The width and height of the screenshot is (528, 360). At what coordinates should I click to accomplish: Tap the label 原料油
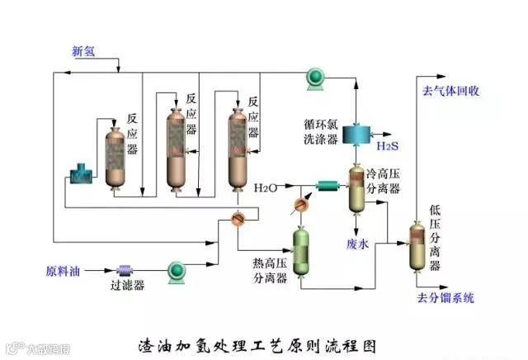click(x=61, y=270)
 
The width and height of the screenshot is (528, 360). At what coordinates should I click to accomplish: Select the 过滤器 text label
click(x=128, y=286)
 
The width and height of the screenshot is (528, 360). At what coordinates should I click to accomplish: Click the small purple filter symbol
click(x=126, y=269)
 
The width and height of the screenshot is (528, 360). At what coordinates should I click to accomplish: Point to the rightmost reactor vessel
click(x=239, y=149)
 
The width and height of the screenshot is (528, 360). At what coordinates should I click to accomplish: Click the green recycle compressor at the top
click(x=315, y=77)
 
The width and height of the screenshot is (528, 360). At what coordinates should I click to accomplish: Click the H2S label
click(x=388, y=146)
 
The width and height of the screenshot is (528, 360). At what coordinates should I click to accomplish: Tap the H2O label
click(x=266, y=187)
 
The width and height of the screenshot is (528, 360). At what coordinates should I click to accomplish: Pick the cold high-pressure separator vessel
click(x=357, y=189)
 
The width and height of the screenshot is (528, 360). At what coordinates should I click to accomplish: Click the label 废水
click(x=357, y=244)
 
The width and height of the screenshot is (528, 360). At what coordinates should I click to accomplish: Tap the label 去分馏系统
click(x=446, y=297)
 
